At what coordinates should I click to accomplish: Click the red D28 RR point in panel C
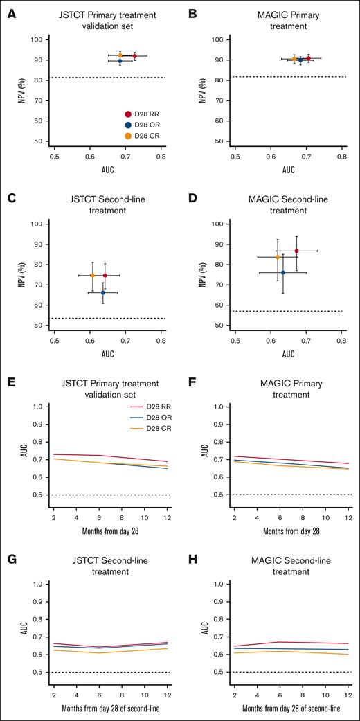pyautogui.click(x=105, y=275)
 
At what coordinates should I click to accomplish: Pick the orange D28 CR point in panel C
pyautogui.click(x=92, y=275)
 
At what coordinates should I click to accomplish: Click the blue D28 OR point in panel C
pyautogui.click(x=102, y=292)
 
